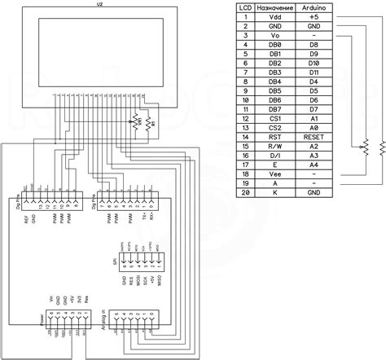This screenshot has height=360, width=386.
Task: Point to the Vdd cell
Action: coord(274,15)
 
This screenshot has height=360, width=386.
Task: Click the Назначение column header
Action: coord(274,7)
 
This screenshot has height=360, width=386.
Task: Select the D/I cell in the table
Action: coord(274,156)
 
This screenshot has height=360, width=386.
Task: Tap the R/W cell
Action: coord(274,147)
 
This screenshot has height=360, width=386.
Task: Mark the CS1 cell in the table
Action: coord(274,120)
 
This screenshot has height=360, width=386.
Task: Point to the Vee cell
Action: coord(274,173)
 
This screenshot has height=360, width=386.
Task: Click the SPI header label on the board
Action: coord(116,260)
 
